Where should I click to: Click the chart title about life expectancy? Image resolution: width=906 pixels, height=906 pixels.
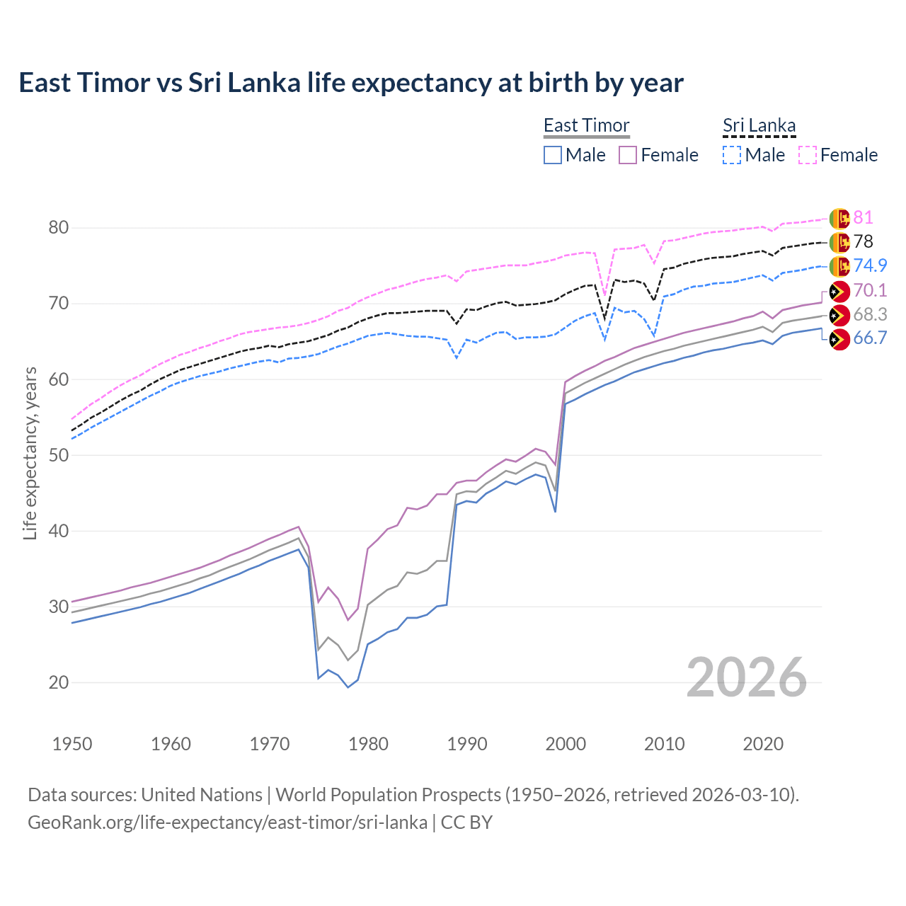tap(351, 83)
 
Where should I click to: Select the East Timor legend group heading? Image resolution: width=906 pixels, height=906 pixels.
tap(586, 125)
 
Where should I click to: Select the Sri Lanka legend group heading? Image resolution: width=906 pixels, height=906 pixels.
tap(759, 125)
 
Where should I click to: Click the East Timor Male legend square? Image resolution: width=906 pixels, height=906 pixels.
tap(553, 155)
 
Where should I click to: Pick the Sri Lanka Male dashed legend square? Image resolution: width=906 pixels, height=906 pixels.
tap(732, 155)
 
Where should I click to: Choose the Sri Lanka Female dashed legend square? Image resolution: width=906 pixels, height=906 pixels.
tap(808, 155)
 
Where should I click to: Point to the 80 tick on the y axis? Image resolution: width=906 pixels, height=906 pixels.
tap(59, 228)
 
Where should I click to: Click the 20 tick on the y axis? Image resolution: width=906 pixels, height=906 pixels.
tap(59, 683)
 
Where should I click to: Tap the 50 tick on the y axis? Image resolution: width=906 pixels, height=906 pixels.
tap(59, 455)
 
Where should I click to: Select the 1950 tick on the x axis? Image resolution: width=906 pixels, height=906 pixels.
tap(72, 744)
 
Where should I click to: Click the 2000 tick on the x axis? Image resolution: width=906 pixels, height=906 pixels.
tap(566, 744)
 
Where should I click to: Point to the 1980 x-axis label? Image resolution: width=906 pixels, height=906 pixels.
tap(368, 744)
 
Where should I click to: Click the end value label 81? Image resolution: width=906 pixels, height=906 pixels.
tap(863, 218)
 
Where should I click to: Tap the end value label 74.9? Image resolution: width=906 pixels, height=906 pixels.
tap(870, 265)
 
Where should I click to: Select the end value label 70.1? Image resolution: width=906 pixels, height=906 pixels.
tap(870, 290)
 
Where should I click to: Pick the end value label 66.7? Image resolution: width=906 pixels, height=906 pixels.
tap(870, 338)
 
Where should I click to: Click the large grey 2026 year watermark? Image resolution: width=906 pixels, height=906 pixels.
tap(746, 677)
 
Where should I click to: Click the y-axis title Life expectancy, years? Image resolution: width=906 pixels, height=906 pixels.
tap(30, 453)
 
